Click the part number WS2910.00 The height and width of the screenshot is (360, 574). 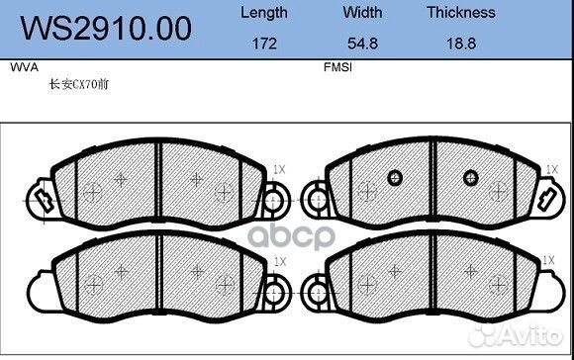pos(106,29)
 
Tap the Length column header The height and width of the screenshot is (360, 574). pos(264,13)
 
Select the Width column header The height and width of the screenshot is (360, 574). pos(362,13)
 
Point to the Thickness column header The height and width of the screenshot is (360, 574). pos(461,13)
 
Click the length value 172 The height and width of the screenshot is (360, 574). pos(264,44)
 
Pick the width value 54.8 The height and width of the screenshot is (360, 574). pos(362,44)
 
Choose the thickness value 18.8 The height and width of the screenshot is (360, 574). pos(461,44)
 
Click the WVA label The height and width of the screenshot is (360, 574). pos(24,67)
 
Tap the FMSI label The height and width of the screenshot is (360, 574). pos(337,67)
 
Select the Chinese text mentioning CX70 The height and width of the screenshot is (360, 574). pos(79,84)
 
